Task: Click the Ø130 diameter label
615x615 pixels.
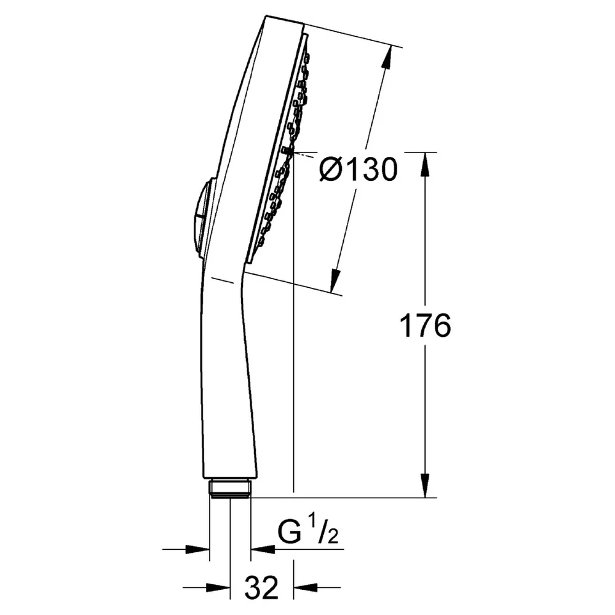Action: click(x=359, y=170)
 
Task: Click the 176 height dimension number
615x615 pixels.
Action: click(x=425, y=326)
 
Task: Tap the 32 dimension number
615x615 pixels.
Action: click(x=261, y=587)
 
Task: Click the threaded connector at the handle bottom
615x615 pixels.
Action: click(x=230, y=488)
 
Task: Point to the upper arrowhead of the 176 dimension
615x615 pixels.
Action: click(x=425, y=165)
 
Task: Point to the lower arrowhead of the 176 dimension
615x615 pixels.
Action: click(x=425, y=485)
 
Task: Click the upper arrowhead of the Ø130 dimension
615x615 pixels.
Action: click(x=387, y=59)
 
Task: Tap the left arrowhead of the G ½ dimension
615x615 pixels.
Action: click(x=197, y=549)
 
